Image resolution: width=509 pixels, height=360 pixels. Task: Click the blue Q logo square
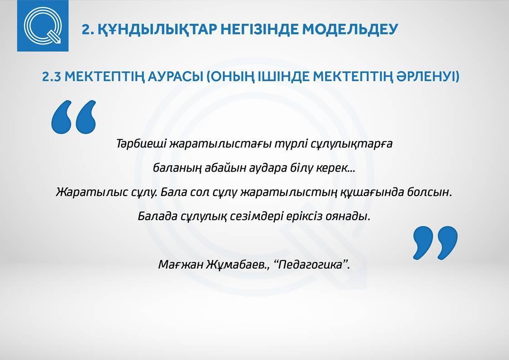click(43, 26)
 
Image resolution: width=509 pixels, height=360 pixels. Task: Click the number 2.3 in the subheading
click(51, 77)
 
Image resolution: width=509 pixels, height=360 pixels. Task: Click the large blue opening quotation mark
click(74, 117)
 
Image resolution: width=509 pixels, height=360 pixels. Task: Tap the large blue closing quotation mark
click(436, 243)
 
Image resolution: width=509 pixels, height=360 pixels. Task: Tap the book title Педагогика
click(310, 265)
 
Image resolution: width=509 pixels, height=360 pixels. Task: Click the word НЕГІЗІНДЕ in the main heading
click(259, 29)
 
